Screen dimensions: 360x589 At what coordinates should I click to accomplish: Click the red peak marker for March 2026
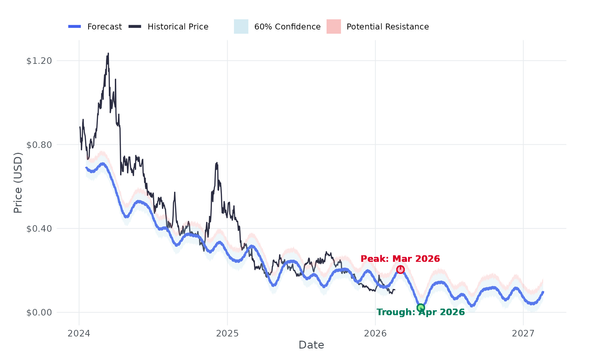tap(400, 270)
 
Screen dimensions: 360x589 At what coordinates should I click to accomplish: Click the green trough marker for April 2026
tap(421, 308)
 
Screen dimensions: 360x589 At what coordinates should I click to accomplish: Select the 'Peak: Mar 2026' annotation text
tap(400, 259)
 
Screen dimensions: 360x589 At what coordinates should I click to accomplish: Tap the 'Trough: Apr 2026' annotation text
tap(420, 312)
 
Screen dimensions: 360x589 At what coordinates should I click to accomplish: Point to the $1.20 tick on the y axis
tap(39, 61)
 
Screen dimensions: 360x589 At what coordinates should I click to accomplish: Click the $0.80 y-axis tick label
tap(39, 145)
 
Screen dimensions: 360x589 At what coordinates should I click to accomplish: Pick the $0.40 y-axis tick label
tap(39, 228)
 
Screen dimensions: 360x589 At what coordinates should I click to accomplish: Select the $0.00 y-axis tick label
tap(39, 313)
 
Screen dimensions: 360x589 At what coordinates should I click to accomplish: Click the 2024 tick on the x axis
tap(79, 333)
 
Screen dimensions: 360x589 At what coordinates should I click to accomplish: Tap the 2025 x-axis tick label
tap(227, 333)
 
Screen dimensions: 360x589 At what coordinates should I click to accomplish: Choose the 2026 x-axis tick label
tap(375, 333)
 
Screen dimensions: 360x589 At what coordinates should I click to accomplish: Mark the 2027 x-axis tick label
tap(523, 333)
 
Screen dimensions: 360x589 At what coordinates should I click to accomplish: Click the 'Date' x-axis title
tap(311, 345)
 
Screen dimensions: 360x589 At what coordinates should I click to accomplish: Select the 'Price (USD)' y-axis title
tap(18, 183)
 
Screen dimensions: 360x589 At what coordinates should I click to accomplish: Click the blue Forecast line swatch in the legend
tap(75, 27)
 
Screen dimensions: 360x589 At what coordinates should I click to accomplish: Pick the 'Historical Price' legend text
tap(178, 27)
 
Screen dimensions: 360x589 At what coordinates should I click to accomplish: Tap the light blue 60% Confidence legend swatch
tap(241, 27)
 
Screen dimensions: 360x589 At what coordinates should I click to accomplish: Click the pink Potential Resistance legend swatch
tap(333, 27)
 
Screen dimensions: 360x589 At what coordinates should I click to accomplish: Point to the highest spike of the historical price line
tap(108, 53)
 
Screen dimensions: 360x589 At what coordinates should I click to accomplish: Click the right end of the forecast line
tap(543, 292)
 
